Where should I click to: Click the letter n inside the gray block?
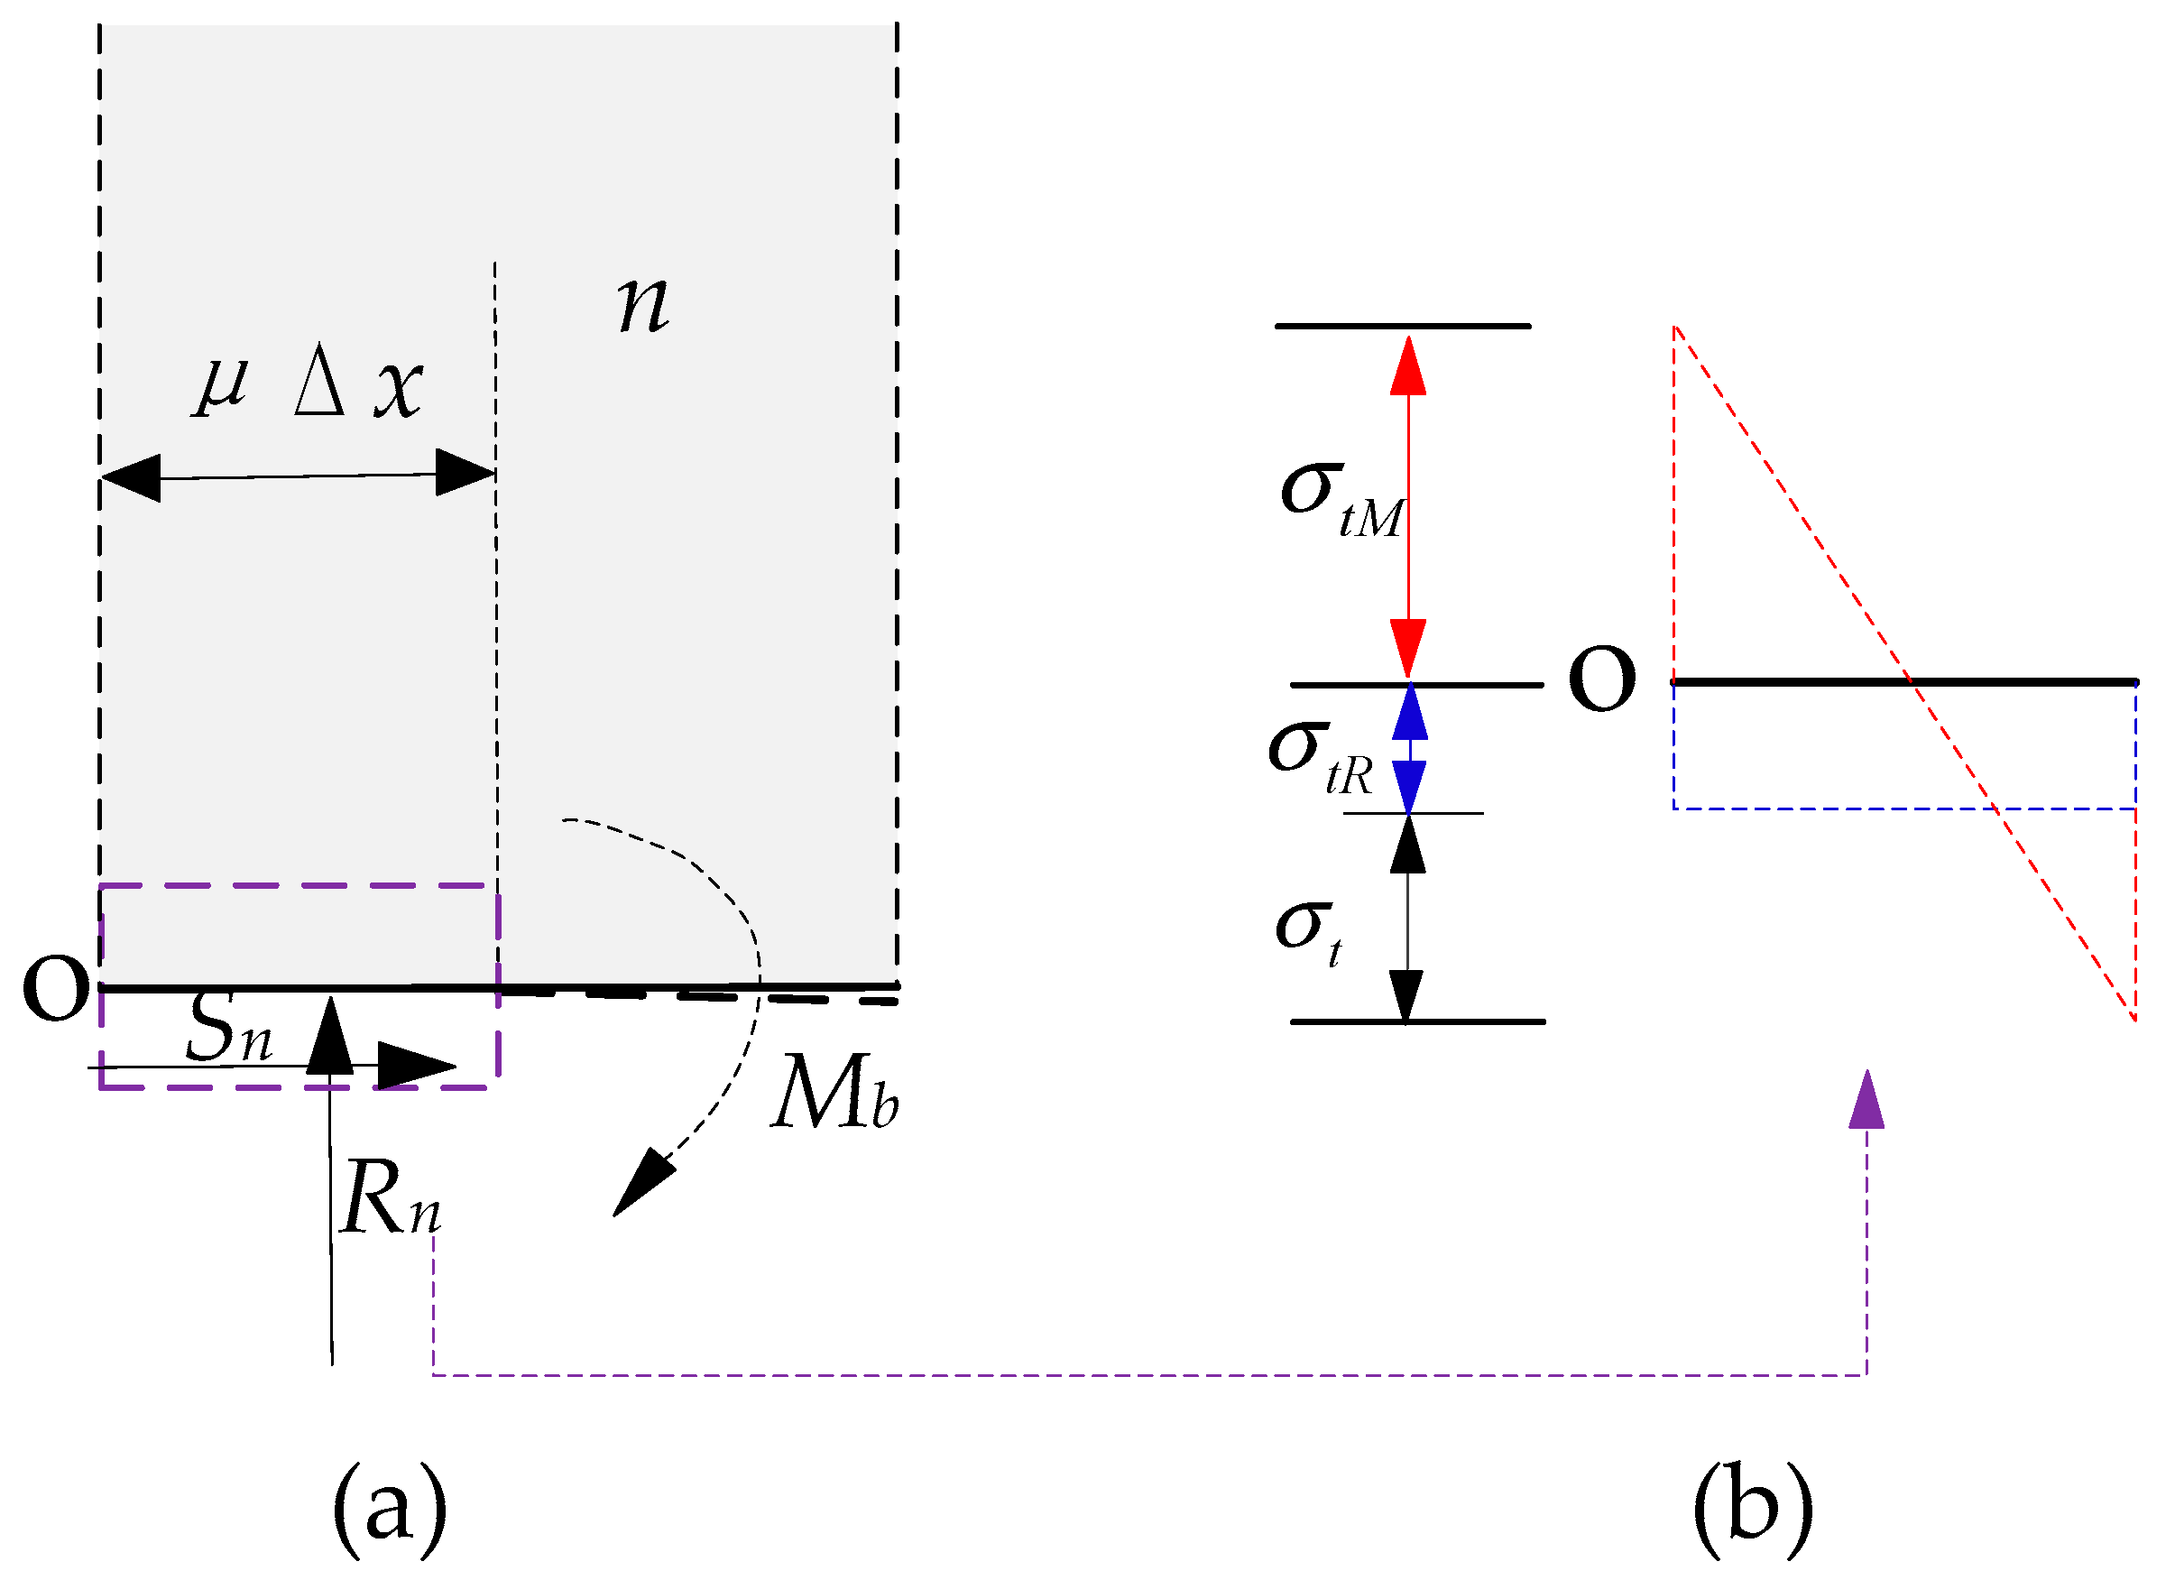click(x=642, y=305)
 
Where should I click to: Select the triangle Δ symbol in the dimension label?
click(x=319, y=390)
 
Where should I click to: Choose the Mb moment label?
click(x=834, y=1095)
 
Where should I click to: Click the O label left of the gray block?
click(x=56, y=987)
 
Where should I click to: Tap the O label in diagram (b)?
click(x=1601, y=679)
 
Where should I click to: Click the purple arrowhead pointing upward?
click(x=1866, y=1099)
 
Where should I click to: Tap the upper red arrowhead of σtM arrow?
click(x=1408, y=366)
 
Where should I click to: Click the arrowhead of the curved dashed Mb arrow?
click(x=640, y=1185)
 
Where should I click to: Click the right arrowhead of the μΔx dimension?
click(x=465, y=472)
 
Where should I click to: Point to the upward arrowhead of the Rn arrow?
click(x=331, y=1034)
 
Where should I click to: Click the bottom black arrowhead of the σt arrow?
click(x=1406, y=996)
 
